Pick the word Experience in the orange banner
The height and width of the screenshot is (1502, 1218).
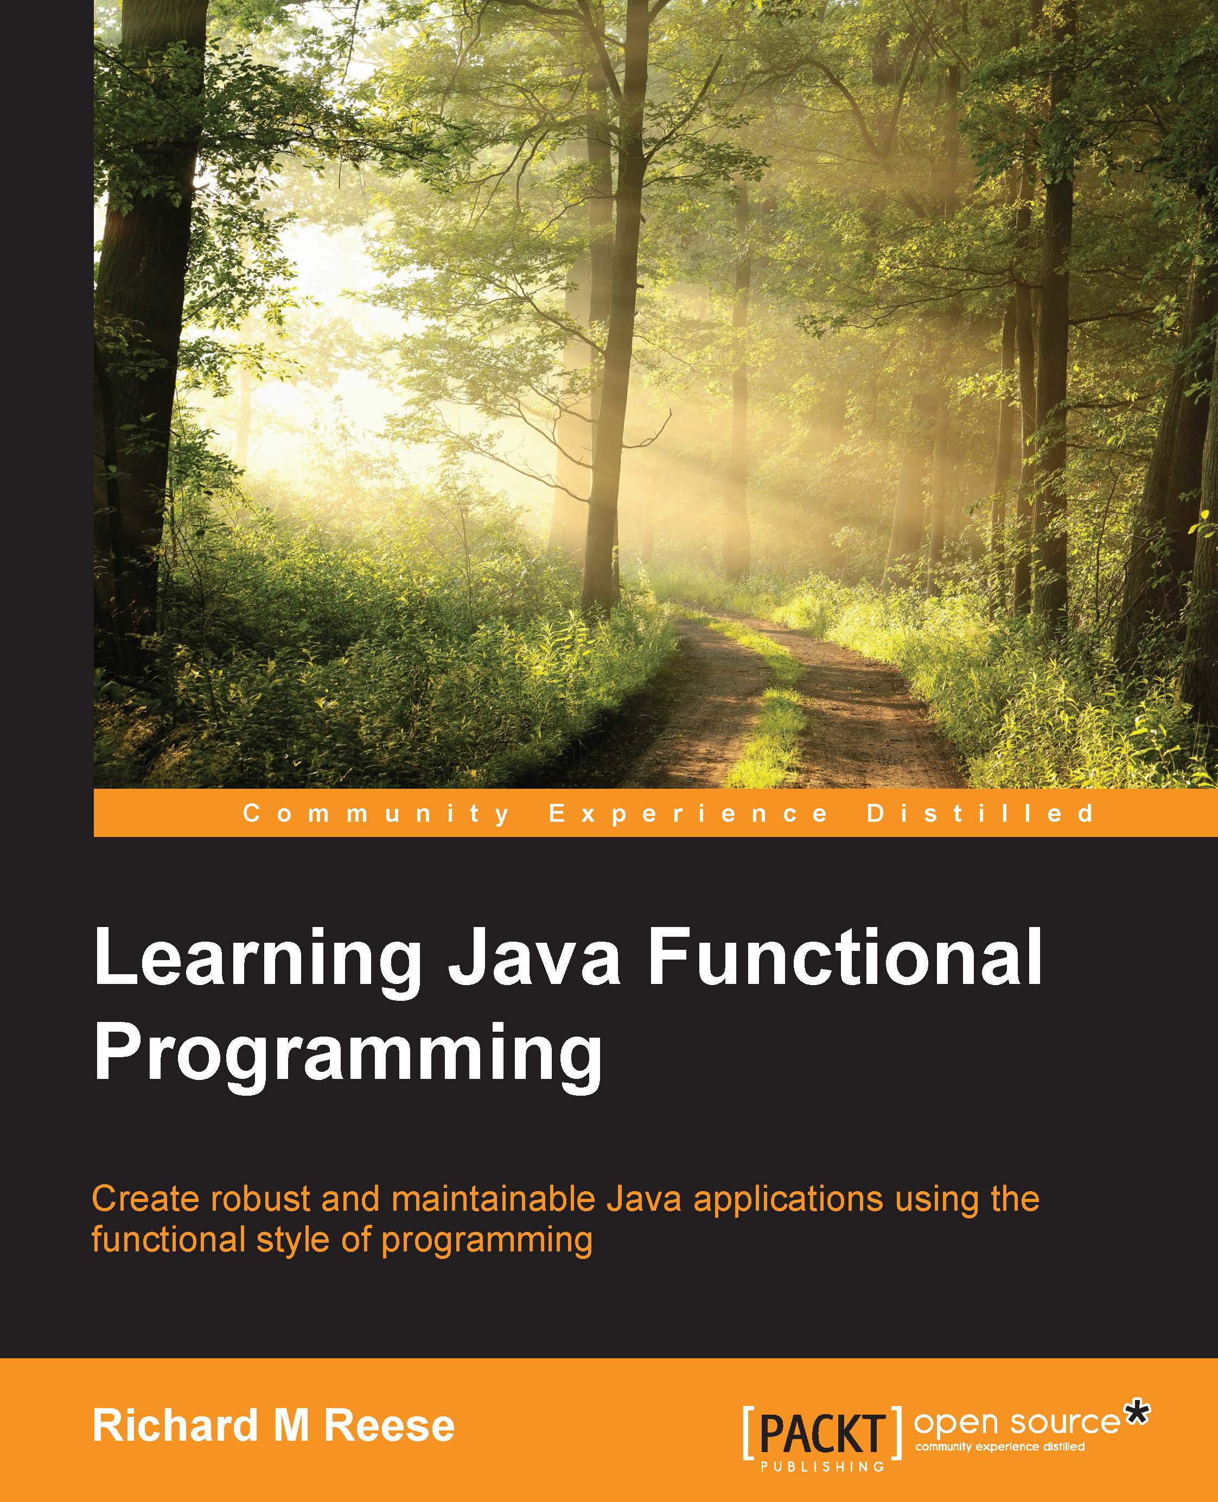click(x=688, y=814)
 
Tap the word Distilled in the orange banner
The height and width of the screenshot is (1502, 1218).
click(x=980, y=813)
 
